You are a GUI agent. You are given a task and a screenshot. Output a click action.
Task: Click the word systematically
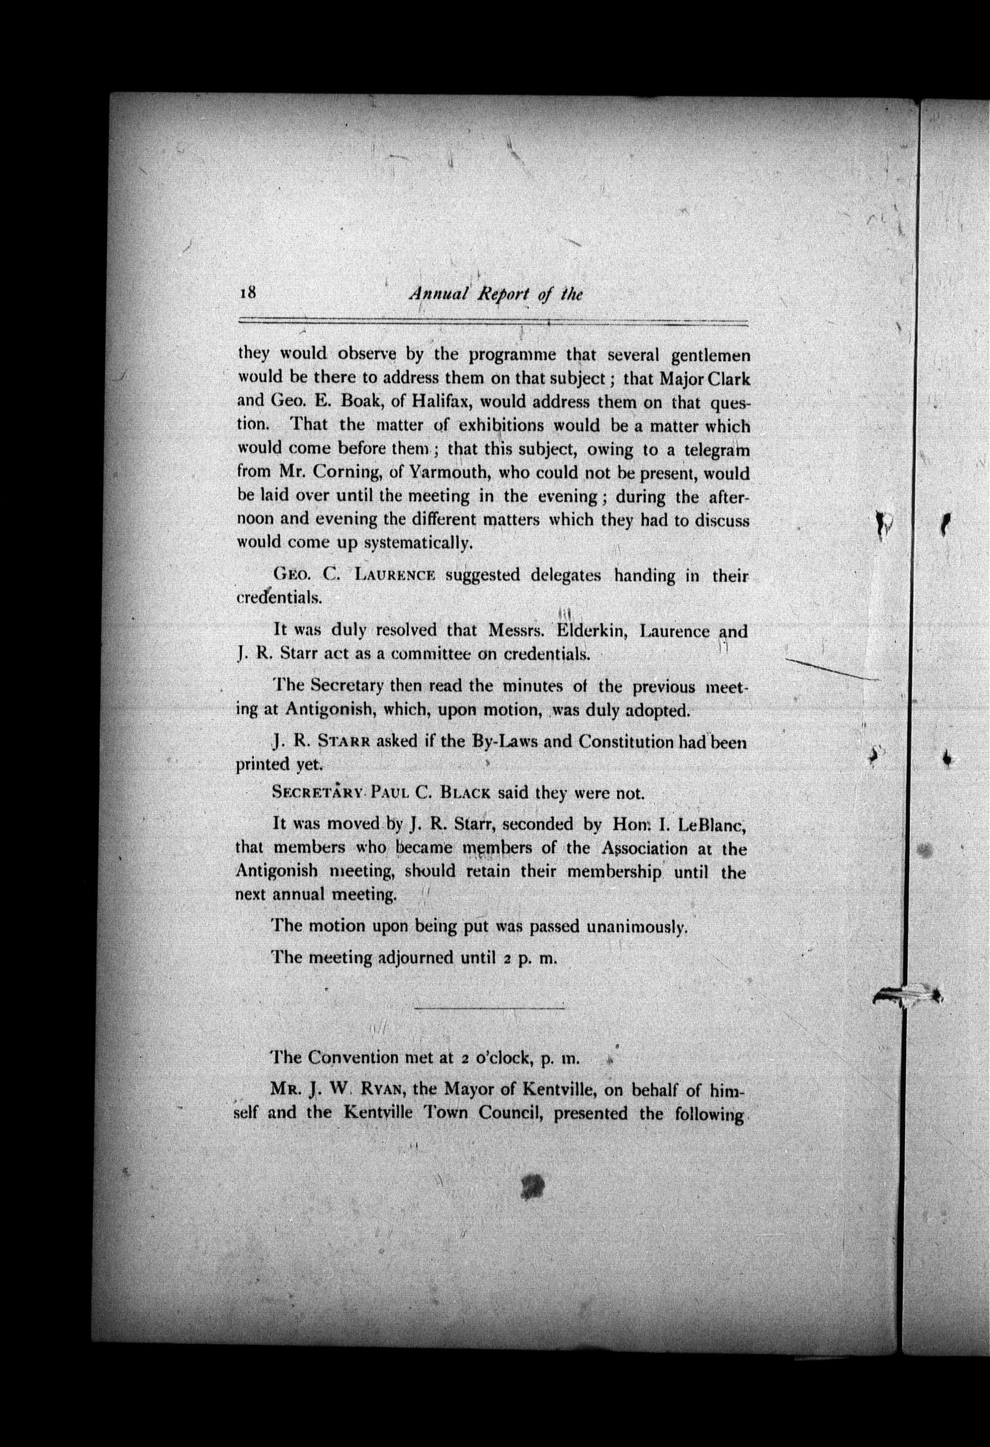[x=418, y=543]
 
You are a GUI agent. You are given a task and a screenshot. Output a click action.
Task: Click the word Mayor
[x=472, y=1090]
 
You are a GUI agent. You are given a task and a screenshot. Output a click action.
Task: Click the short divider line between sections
[x=490, y=1007]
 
